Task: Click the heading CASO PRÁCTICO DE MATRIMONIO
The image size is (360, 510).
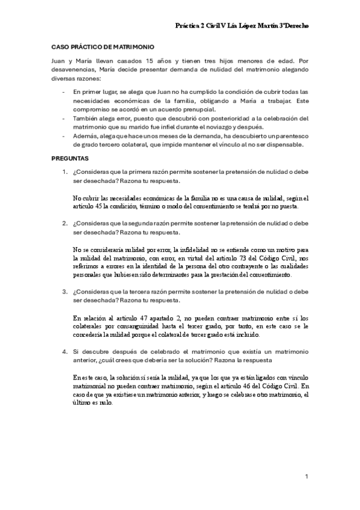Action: tap(102, 46)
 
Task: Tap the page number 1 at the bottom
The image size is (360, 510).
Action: tap(306, 476)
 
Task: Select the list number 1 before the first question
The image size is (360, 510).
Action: tap(65, 172)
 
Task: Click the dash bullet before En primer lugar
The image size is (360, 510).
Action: tap(64, 92)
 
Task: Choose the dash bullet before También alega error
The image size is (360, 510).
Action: tap(64, 118)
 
